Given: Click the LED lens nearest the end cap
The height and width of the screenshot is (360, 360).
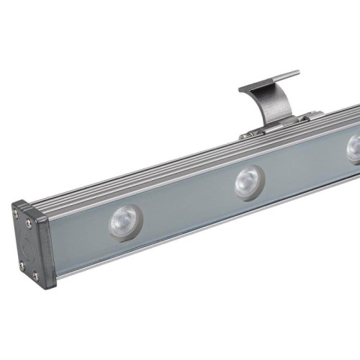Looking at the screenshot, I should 123,221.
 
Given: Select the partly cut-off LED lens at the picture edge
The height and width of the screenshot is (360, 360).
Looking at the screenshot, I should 354,148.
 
